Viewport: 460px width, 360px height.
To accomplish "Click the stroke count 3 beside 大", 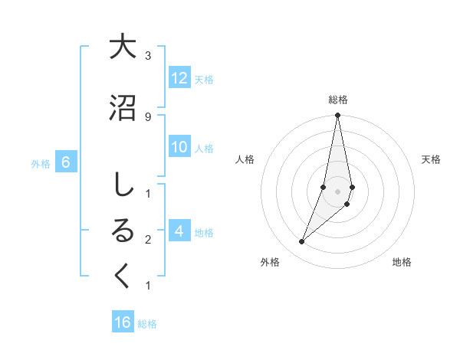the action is click(x=147, y=56).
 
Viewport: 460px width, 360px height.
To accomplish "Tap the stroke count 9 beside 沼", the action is click(x=147, y=116).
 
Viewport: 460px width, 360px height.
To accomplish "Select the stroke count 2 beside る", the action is click(x=147, y=240).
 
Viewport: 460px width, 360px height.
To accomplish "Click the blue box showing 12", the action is click(x=179, y=78).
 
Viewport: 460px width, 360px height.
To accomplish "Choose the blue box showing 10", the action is click(x=179, y=147).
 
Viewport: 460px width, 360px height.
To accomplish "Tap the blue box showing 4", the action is click(x=179, y=231).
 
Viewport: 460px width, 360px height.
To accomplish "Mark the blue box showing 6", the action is click(x=66, y=162).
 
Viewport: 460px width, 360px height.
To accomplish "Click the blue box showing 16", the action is click(x=123, y=322).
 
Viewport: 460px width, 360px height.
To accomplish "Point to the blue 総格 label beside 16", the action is click(x=147, y=324).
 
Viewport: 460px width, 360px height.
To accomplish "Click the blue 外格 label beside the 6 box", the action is click(x=41, y=163).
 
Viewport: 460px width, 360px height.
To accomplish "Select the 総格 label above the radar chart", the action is click(x=338, y=100).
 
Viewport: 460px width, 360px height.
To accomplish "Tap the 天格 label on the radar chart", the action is click(x=431, y=159).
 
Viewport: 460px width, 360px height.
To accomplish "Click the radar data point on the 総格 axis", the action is click(x=337, y=116).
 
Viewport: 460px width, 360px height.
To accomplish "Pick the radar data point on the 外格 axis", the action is click(x=302, y=242).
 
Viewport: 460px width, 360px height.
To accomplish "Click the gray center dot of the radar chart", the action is click(x=337, y=191).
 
